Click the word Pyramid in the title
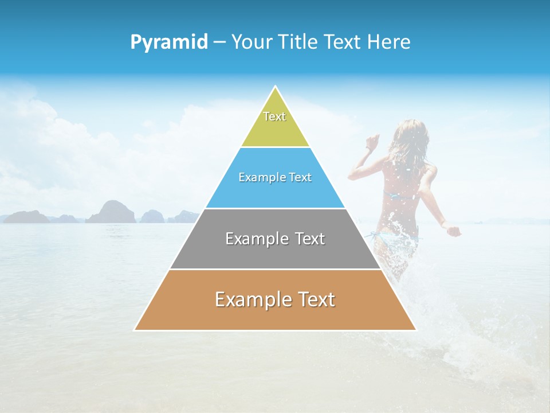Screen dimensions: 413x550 coord(169,42)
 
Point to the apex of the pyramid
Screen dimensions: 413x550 coord(275,87)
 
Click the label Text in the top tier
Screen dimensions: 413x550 coord(274,116)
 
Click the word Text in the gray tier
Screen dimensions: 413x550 coord(307,239)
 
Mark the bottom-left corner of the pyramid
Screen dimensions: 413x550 coord(135,329)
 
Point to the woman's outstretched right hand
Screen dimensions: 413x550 coord(454,231)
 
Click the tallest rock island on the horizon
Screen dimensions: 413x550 coord(112,211)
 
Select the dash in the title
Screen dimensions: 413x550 coord(219,42)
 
